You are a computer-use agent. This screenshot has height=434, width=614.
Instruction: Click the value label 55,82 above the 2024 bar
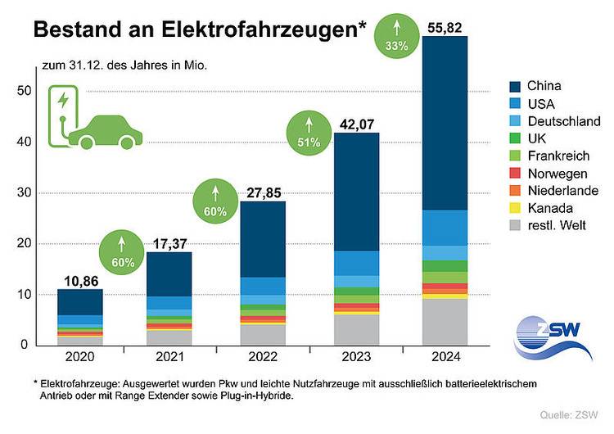click(445, 28)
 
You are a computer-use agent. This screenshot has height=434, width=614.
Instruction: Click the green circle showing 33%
click(396, 36)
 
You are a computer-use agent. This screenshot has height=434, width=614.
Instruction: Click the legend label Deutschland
click(563, 121)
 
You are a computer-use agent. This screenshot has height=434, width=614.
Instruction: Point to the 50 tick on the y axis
click(22, 91)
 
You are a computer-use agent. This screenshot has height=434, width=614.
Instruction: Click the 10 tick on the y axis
click(22, 295)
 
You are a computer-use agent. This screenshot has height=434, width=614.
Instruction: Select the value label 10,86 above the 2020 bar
click(80, 280)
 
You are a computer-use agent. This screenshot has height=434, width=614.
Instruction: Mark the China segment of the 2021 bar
click(169, 274)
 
